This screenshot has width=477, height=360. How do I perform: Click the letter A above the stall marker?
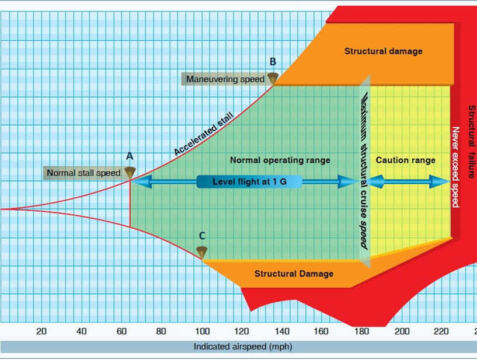click(x=130, y=156)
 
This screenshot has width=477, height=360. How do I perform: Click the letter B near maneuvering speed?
click(x=273, y=62)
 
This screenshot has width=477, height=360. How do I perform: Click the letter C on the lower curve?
click(x=202, y=236)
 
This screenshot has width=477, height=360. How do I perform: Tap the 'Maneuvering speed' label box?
click(x=225, y=79)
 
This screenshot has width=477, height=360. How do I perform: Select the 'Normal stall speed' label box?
click(x=83, y=173)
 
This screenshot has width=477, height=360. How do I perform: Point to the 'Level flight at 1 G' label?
click(x=249, y=181)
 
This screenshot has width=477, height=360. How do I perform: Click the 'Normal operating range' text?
click(x=280, y=160)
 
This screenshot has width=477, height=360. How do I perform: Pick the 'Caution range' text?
click(x=406, y=160)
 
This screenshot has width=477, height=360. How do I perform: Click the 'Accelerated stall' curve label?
click(x=204, y=133)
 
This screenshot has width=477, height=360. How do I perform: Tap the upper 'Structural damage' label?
click(x=384, y=51)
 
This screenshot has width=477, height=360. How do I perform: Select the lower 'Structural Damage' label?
click(x=294, y=274)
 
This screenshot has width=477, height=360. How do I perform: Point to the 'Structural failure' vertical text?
click(x=472, y=141)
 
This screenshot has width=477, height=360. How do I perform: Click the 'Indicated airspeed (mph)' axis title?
click(x=243, y=347)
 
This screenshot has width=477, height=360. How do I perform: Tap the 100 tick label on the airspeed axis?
click(x=202, y=331)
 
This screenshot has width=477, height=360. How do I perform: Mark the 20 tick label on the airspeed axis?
click(x=41, y=331)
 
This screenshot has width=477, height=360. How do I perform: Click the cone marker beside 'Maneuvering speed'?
click(x=273, y=78)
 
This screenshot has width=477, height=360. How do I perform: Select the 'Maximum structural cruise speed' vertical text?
click(x=364, y=170)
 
